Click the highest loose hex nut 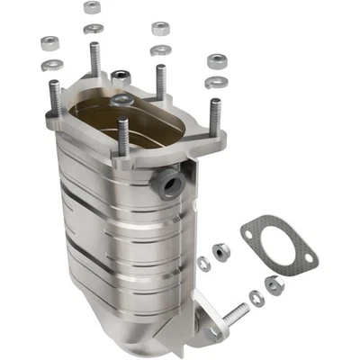(x=92, y=7)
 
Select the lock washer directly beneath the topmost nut (x=92, y=28)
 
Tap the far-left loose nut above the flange (x=50, y=43)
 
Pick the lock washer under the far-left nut (x=52, y=64)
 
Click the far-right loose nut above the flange (x=217, y=62)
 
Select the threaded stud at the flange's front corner (x=122, y=135)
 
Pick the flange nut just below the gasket (x=274, y=283)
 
